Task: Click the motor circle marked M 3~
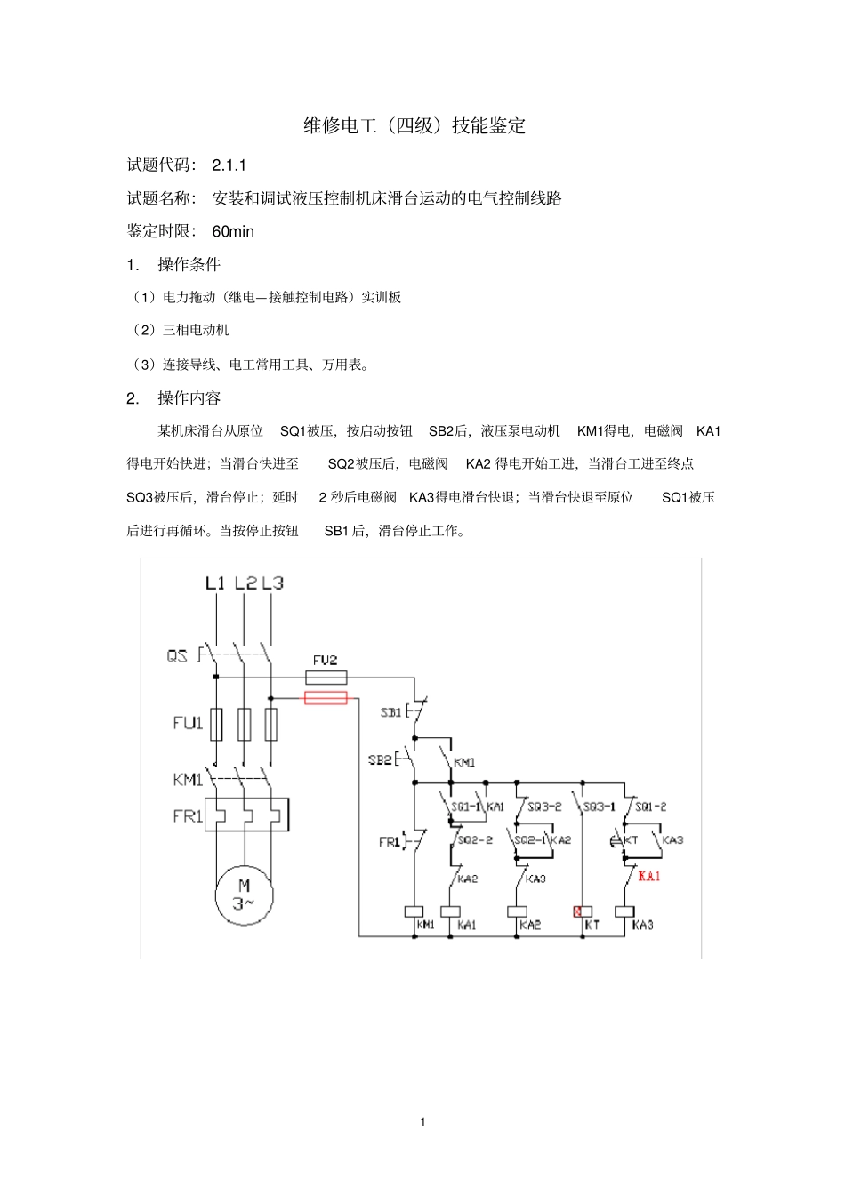pos(244,895)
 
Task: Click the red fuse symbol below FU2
pos(326,698)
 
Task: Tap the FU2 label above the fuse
pos(325,661)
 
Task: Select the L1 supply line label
pos(215,583)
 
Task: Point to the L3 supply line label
pos(272,583)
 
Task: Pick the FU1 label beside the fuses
pos(188,723)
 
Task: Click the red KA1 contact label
pos(649,877)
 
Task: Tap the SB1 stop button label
pos(390,712)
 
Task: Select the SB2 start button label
pos(380,760)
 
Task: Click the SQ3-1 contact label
pos(600,807)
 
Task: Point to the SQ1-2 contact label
pos(650,807)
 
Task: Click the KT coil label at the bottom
pos(591,926)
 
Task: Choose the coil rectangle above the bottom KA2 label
pos(517,911)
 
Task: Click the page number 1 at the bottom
pos(422,1121)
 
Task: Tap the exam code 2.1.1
pos(229,165)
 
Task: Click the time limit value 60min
pos(233,231)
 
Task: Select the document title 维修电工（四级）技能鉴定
pos(414,125)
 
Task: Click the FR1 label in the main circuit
pos(188,815)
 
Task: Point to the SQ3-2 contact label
pos(544,807)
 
